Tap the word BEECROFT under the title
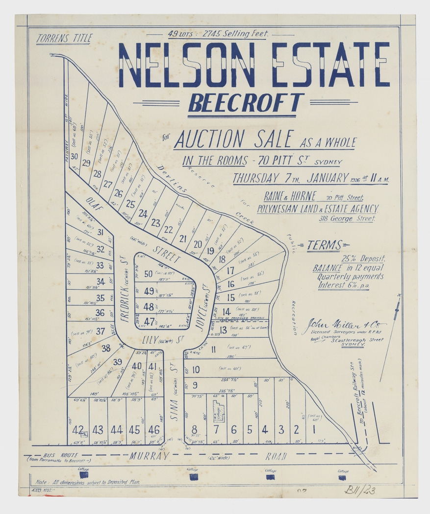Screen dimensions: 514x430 (246, 103)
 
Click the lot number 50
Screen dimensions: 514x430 (148, 274)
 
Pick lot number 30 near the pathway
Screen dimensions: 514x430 (74, 157)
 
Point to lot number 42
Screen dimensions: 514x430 (77, 430)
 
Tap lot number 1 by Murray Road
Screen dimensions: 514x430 (312, 430)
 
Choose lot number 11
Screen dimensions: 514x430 (213, 349)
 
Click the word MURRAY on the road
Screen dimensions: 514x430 (149, 456)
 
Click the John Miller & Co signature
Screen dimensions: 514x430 (346, 324)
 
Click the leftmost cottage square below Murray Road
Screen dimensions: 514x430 (84, 474)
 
